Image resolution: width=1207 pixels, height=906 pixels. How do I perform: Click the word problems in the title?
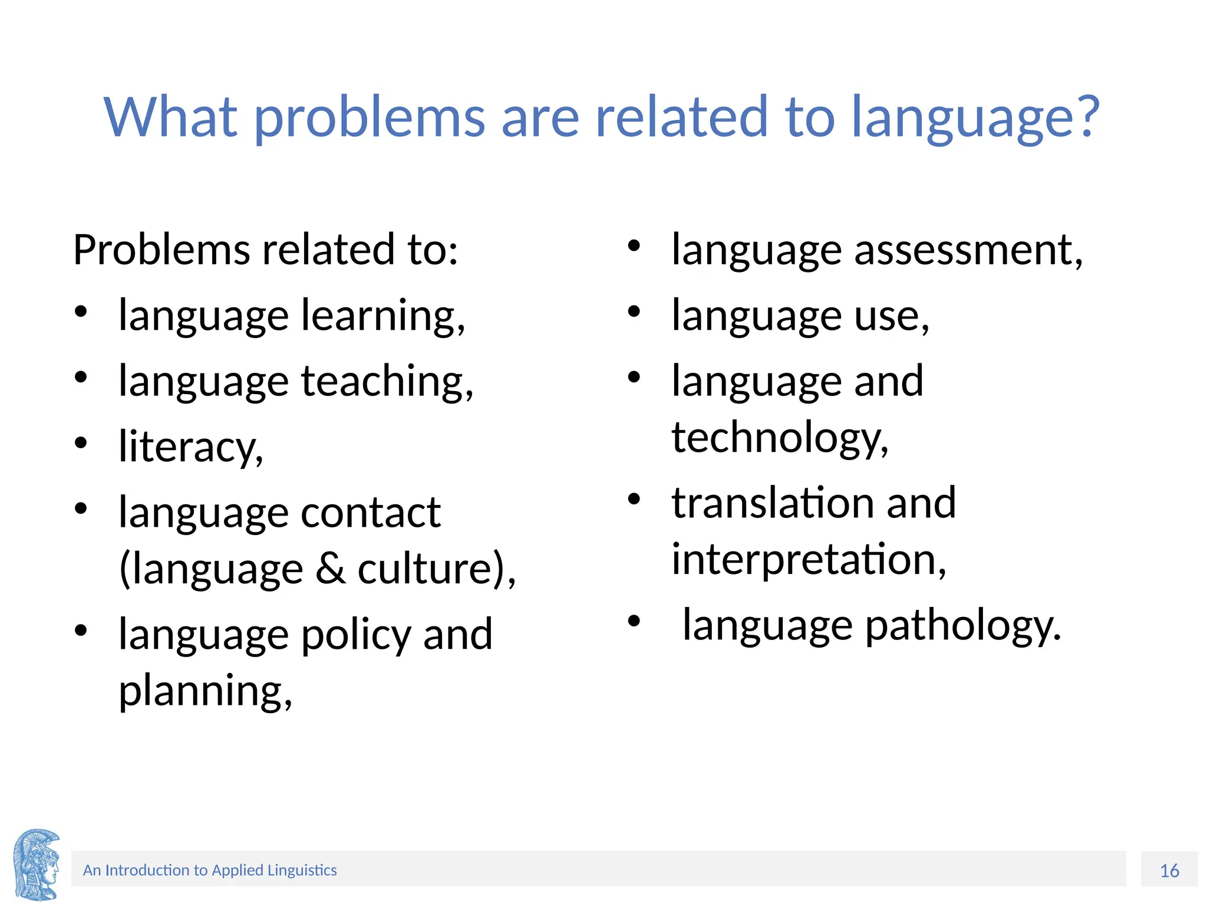370,118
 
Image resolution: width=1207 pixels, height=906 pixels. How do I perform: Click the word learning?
382,316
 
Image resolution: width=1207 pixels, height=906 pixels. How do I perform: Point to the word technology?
780,438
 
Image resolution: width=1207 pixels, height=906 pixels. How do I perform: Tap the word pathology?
963,625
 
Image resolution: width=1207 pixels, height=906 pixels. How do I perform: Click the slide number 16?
1169,871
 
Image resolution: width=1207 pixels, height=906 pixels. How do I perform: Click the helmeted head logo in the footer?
37,865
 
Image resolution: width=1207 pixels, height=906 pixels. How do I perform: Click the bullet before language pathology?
634,621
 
